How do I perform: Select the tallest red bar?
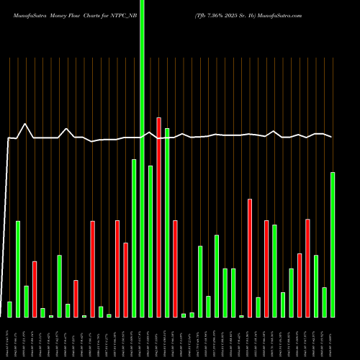[158, 216]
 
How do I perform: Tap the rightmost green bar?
[333, 245]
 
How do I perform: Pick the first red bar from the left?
[35, 288]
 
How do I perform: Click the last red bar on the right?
[307, 268]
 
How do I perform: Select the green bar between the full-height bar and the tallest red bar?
[150, 241]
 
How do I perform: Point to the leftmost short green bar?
[9, 309]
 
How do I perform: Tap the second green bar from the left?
[18, 269]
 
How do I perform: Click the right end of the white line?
[331, 137]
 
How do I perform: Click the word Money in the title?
[55, 14]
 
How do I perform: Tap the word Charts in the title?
[99, 14]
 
